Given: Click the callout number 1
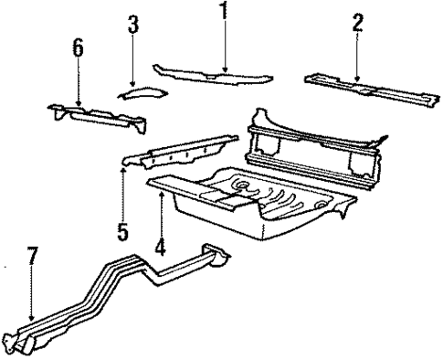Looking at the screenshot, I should [222, 12].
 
